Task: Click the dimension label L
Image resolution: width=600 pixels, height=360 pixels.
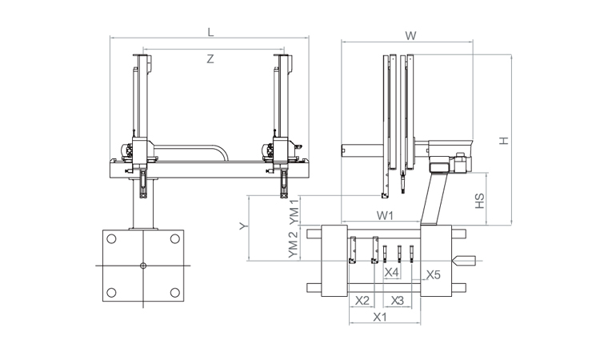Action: point(210,32)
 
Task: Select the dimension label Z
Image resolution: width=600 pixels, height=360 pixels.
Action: point(210,59)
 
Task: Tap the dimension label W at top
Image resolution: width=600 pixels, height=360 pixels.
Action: point(410,36)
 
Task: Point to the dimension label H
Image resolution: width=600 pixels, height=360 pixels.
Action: point(504,141)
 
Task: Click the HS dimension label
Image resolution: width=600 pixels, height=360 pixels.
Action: point(479,201)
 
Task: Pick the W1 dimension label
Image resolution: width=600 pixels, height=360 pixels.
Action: point(385,215)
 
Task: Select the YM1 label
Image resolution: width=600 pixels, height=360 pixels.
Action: point(294,211)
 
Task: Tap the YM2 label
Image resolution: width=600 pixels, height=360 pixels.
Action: point(293,245)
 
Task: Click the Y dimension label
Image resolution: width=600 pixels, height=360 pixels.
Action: point(244,226)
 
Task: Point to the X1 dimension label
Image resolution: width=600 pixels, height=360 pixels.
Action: point(379,317)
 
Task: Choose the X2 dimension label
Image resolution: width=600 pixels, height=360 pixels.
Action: point(362,301)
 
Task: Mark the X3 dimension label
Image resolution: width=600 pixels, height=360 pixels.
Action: point(397,301)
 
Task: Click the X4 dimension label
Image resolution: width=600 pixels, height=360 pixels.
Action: point(391,272)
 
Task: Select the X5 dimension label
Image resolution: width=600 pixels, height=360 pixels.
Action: point(434,274)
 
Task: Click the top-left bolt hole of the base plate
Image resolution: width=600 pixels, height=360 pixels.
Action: point(111,239)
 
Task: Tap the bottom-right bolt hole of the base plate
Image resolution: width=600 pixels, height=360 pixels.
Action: point(175,293)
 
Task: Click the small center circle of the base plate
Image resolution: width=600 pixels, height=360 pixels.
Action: point(143,266)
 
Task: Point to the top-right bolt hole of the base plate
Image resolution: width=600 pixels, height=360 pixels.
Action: point(175,239)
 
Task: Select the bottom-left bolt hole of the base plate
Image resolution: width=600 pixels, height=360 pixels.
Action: point(111,293)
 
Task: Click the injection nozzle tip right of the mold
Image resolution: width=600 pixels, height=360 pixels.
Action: point(454,261)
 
